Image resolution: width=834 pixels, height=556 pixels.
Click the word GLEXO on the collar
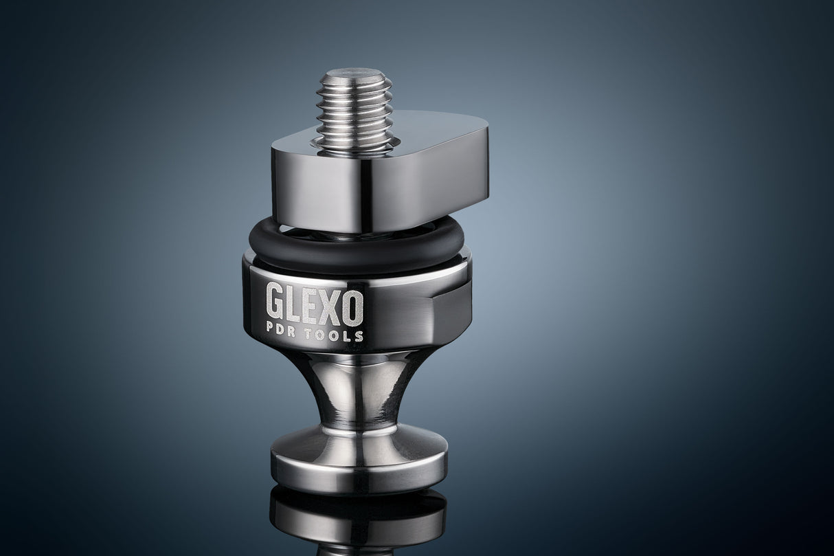pyautogui.click(x=315, y=303)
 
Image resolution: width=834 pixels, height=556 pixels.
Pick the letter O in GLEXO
pyautogui.click(x=353, y=303)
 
